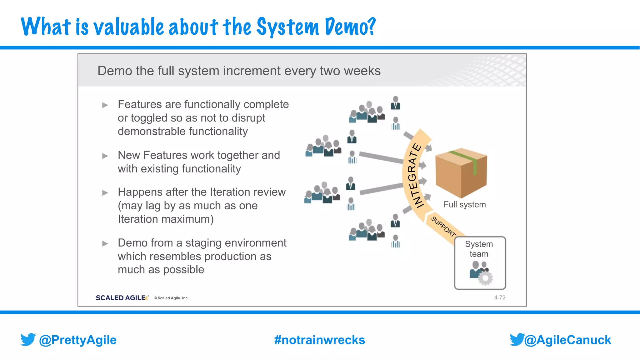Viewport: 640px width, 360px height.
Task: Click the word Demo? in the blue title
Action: click(x=350, y=27)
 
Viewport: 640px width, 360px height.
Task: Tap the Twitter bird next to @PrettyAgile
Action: click(x=28, y=339)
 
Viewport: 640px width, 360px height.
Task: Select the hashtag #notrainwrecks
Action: click(x=319, y=340)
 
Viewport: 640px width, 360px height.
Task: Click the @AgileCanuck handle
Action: click(x=567, y=340)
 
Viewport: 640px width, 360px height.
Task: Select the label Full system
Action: click(x=465, y=205)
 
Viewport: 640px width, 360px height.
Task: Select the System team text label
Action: click(x=479, y=249)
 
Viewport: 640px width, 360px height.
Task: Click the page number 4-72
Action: click(x=499, y=297)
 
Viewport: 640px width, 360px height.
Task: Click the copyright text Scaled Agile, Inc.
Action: click(x=171, y=298)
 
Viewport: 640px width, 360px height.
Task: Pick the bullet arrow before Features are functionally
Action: click(x=105, y=105)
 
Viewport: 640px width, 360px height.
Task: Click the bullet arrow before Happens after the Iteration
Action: click(x=105, y=193)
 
